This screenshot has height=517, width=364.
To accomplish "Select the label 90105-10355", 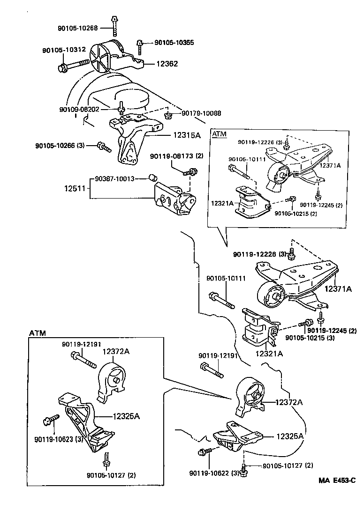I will point(167,43).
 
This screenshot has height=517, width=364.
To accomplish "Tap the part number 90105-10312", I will point(64,50).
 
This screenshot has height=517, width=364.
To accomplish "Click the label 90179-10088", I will point(201,113).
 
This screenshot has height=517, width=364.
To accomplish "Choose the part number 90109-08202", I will point(79,109).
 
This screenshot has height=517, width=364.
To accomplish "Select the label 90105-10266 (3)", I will point(60,145).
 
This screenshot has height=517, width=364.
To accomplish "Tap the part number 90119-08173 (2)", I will point(177,155).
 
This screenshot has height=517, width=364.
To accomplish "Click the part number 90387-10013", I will point(115,178).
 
